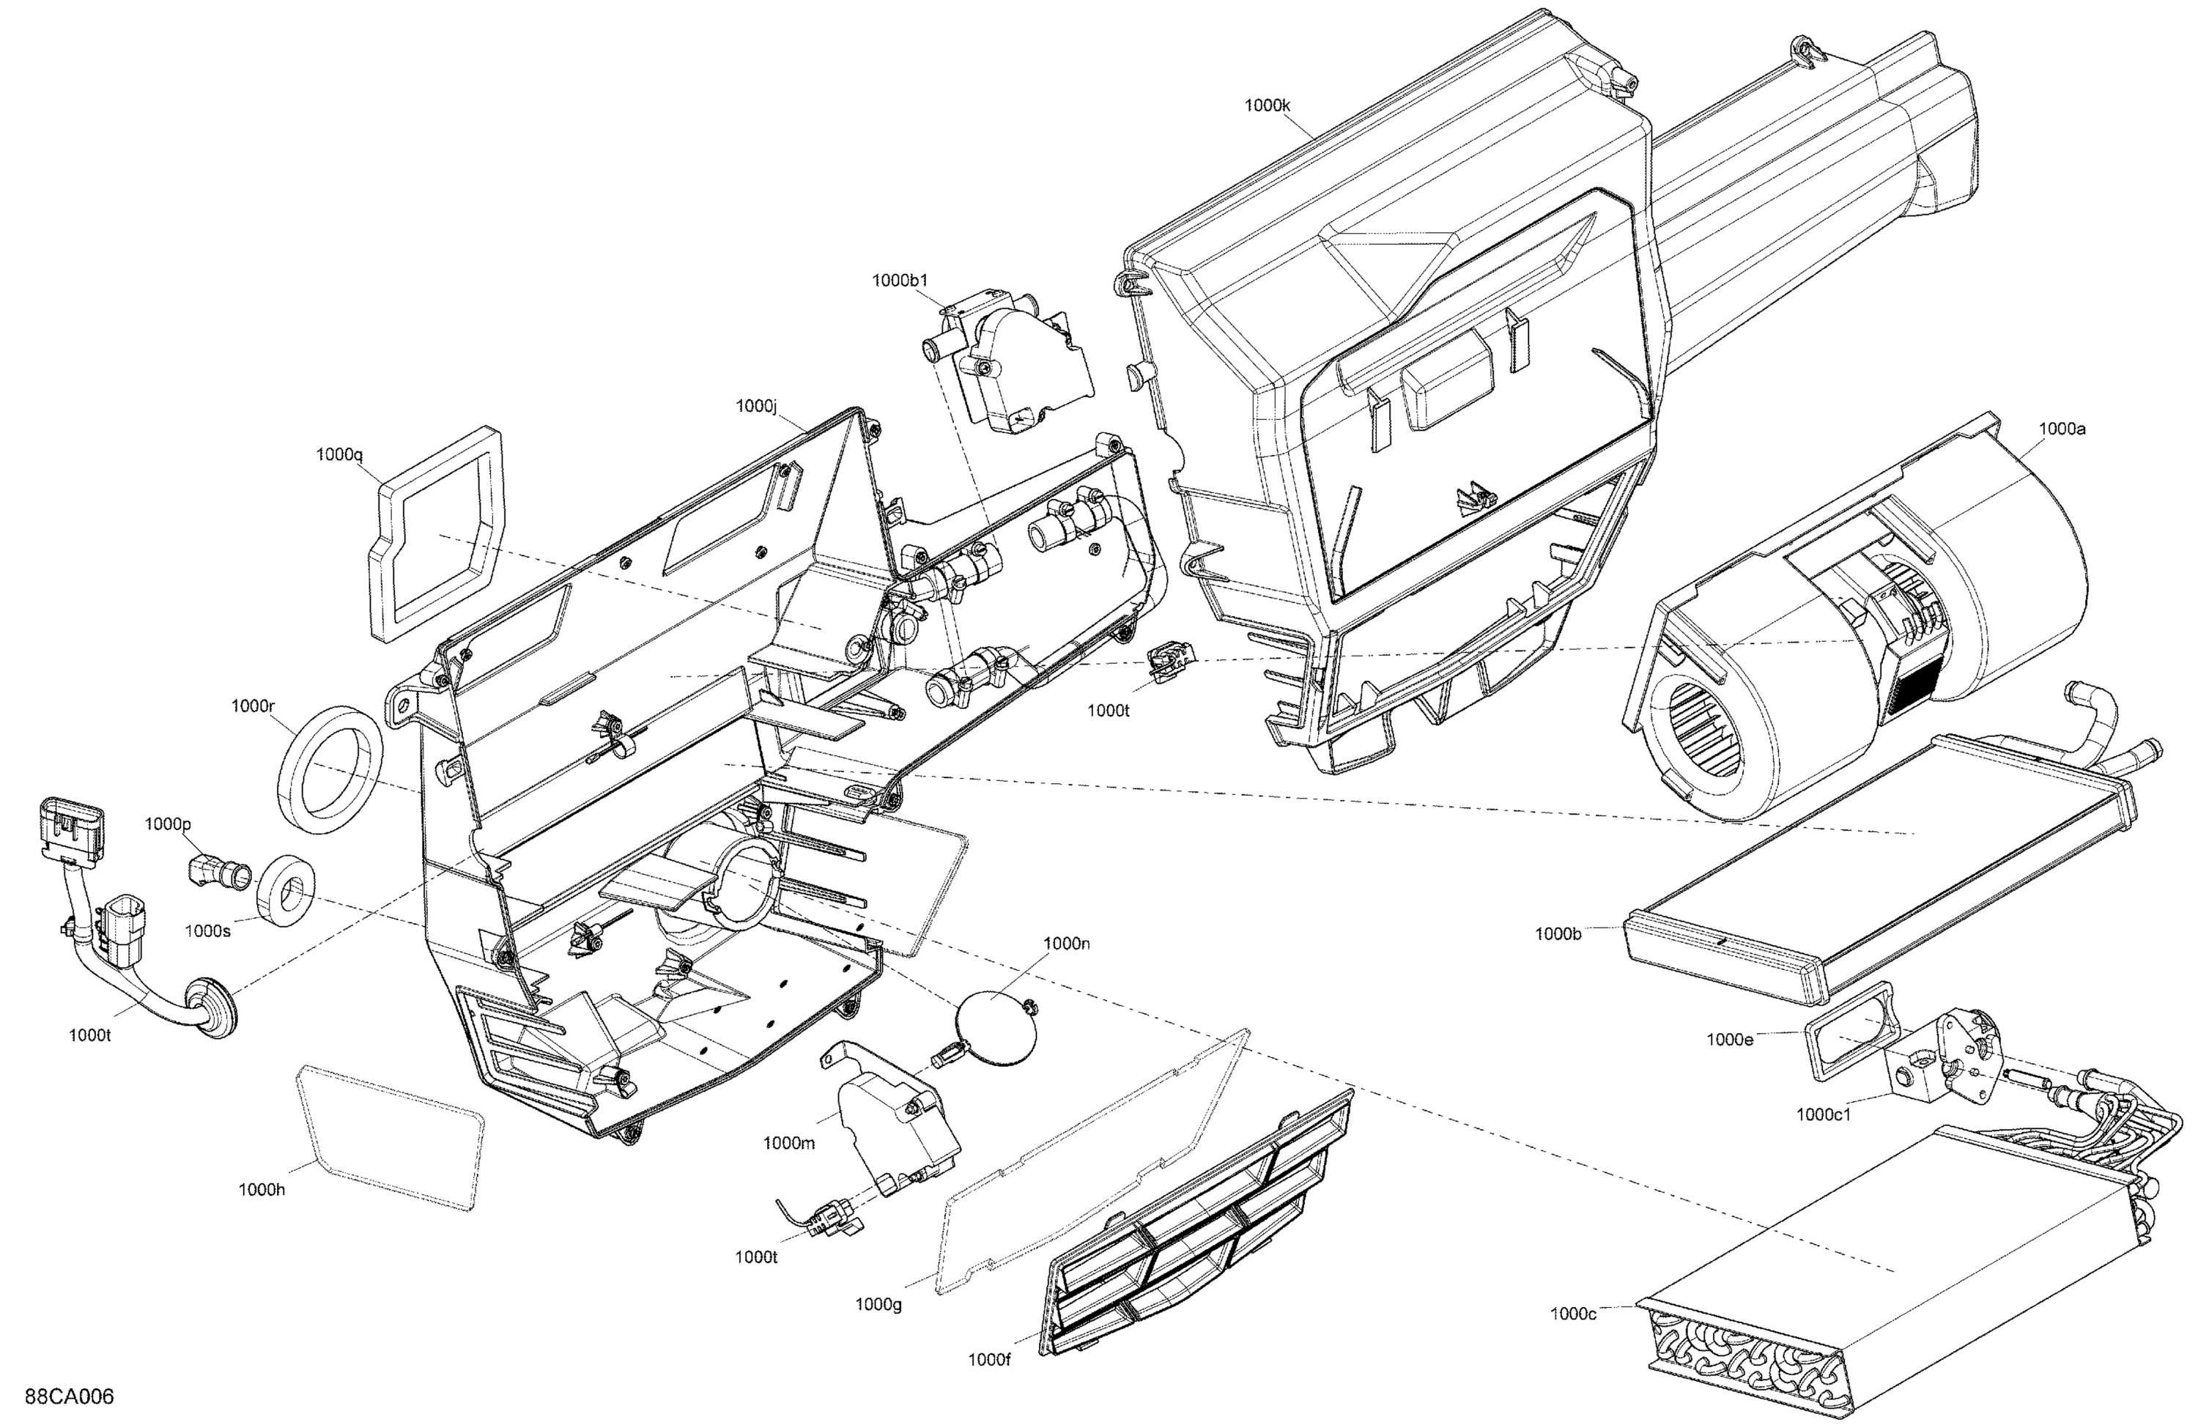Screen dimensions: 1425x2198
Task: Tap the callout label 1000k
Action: pos(1266,106)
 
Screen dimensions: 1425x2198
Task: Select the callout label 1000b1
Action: pos(900,281)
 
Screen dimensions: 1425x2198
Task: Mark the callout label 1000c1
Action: pos(1823,1114)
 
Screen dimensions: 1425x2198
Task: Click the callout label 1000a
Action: pos(2061,429)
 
